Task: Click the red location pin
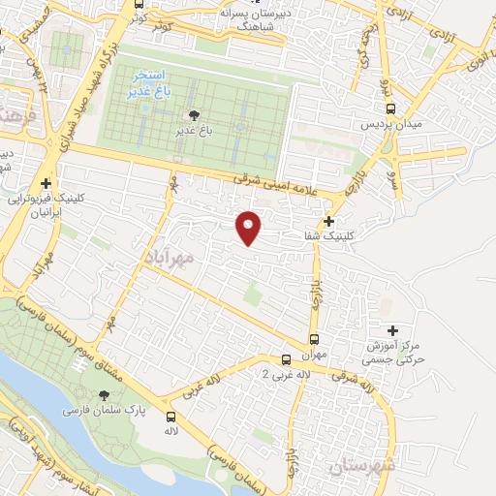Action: point(249,227)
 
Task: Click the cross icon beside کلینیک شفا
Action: point(330,222)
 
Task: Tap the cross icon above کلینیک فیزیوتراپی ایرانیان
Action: point(46,183)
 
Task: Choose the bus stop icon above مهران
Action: point(313,339)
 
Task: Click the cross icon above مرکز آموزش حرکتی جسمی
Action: point(391,330)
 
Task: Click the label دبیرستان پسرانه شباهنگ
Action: point(256,20)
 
